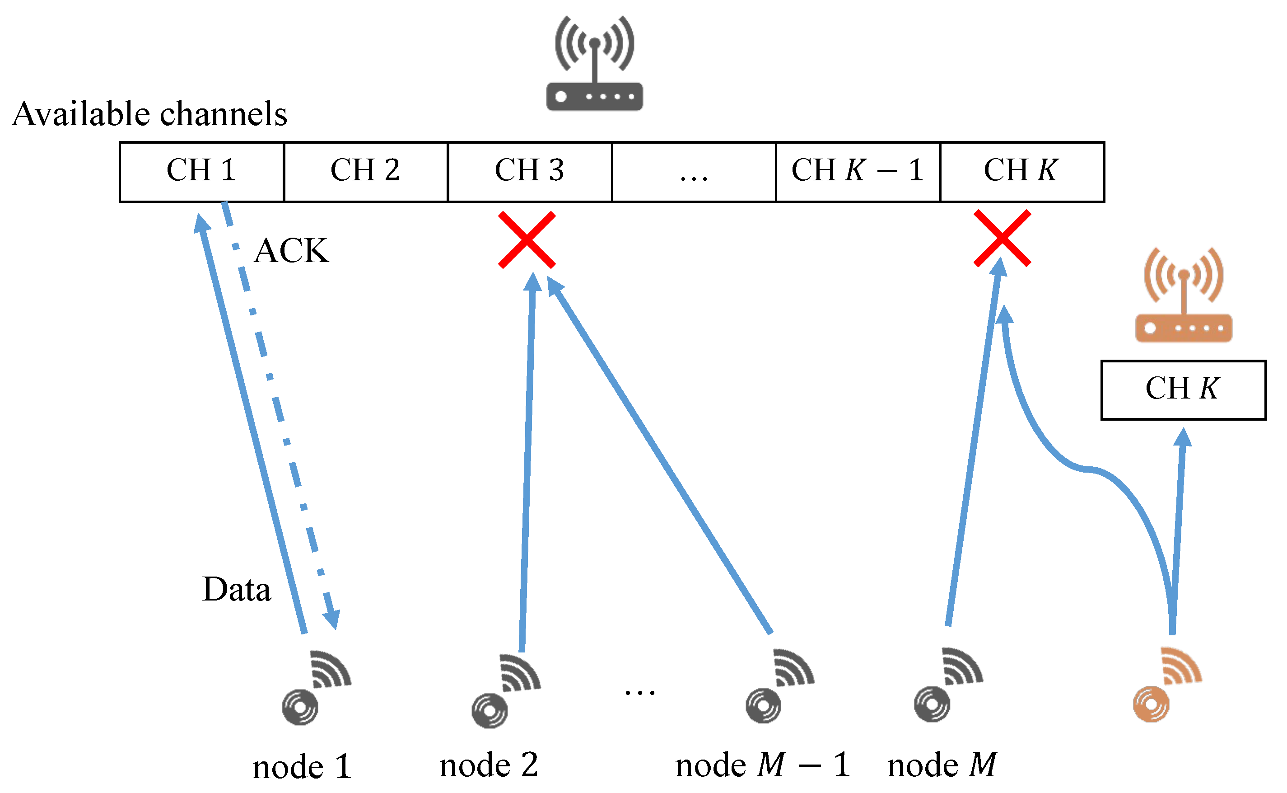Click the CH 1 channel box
(202, 172)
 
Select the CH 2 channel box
(366, 172)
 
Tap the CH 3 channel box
(530, 172)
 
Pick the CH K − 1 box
(858, 172)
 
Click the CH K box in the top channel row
(1022, 172)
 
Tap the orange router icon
(1183, 296)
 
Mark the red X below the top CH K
(1002, 239)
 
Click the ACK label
(291, 251)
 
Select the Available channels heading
(149, 114)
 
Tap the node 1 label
(302, 767)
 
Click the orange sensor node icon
(1166, 685)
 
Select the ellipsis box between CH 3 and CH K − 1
(694, 172)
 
